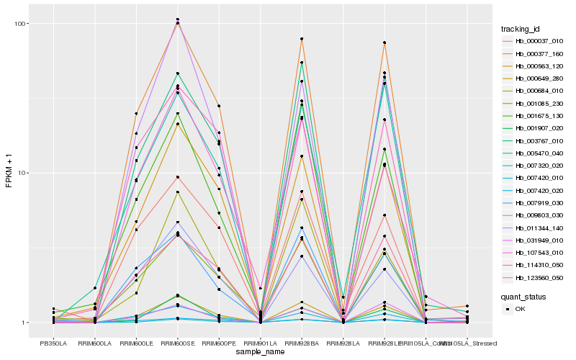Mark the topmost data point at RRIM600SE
[177, 19]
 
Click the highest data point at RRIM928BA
[302, 39]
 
